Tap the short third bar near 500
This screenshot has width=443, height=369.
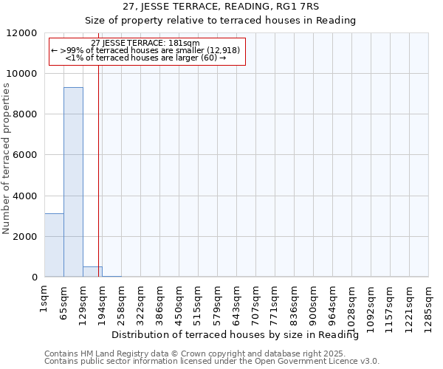(x=92, y=272)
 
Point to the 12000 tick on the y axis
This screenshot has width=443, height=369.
(x=24, y=33)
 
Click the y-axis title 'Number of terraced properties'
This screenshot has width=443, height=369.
(x=7, y=159)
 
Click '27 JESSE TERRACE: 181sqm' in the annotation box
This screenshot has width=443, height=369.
(x=145, y=44)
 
